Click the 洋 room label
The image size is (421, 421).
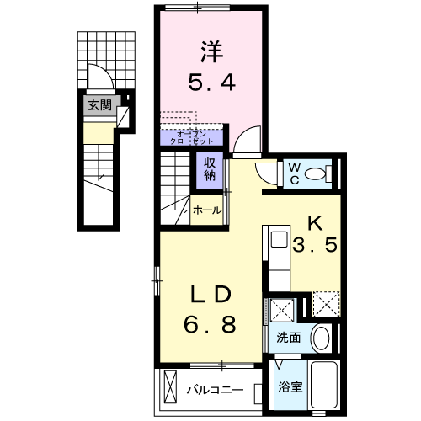point(210,52)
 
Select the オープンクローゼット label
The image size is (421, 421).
point(191,136)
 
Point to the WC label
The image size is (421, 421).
point(296,173)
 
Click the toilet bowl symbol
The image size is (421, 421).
point(319,174)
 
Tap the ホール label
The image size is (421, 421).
point(207,210)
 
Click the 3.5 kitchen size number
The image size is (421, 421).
point(315,248)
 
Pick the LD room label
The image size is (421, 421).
point(210,295)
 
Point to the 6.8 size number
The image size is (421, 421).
point(210,323)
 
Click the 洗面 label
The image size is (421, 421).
point(289,338)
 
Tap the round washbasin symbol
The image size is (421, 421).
point(321,339)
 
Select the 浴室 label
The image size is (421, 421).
point(290,390)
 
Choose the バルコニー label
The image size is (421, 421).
point(215,390)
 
